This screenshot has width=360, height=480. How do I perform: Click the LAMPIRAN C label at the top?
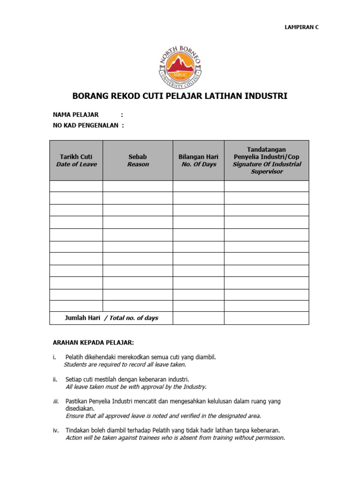(x=301, y=27)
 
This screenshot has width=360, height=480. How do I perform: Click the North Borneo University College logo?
(x=180, y=66)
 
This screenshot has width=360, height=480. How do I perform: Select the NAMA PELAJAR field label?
(x=75, y=114)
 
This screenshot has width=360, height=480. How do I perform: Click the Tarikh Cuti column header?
(x=76, y=160)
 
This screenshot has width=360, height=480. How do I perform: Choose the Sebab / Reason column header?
(x=138, y=160)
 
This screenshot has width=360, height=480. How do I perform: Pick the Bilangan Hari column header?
(x=198, y=160)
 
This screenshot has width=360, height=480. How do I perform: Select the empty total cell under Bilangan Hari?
(x=198, y=318)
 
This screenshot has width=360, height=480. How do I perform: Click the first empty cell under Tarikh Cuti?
(x=76, y=186)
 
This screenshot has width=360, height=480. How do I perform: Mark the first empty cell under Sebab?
(x=138, y=186)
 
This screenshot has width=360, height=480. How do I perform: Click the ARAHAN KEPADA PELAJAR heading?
(x=97, y=342)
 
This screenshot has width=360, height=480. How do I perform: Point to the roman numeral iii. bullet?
(x=55, y=402)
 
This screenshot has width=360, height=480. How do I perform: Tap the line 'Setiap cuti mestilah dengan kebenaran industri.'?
(x=127, y=379)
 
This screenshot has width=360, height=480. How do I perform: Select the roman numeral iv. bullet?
(x=55, y=430)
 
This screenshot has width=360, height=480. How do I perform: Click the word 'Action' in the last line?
(x=75, y=438)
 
